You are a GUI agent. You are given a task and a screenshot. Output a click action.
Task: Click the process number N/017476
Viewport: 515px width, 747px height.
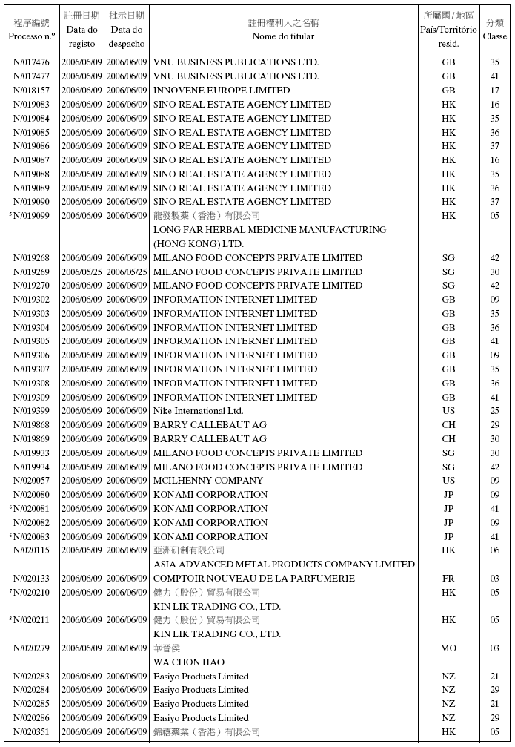coord(31,62)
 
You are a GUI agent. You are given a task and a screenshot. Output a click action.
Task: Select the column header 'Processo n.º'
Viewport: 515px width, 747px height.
coord(31,36)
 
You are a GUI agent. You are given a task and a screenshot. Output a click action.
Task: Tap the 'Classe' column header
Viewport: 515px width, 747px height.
coord(494,36)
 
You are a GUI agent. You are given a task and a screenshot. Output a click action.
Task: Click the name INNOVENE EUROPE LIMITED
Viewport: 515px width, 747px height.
coord(221,91)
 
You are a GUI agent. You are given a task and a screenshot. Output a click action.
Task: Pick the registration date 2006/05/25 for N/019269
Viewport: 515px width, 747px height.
coord(82,272)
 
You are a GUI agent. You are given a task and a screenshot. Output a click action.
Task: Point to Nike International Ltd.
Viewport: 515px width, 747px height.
coord(198,411)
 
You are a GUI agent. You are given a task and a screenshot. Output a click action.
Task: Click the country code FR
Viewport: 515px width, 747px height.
coord(448,579)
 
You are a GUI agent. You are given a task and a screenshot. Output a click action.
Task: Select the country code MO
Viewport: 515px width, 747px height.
coord(448,648)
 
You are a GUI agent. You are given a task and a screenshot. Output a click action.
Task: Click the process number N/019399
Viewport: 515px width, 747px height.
coord(31,411)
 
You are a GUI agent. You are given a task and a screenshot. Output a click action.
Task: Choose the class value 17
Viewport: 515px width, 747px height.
coord(494,91)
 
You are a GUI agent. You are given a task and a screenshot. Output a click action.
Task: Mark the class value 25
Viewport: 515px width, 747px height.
coord(494,411)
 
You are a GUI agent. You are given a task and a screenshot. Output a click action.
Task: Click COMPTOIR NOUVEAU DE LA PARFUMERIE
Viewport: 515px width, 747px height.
coord(253,579)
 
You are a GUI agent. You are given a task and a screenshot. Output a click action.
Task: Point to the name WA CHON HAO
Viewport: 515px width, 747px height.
coord(188,662)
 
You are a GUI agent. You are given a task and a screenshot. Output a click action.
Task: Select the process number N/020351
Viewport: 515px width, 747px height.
coord(31,732)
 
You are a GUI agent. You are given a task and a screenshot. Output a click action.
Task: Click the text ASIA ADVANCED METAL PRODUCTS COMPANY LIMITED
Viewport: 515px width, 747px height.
coord(284,565)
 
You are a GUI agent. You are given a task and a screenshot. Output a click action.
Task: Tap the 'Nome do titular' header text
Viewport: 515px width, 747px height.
coord(283,36)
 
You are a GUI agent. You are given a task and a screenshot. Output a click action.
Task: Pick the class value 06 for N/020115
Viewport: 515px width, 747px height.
coord(494,550)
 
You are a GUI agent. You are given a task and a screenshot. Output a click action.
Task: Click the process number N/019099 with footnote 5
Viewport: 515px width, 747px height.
coord(31,216)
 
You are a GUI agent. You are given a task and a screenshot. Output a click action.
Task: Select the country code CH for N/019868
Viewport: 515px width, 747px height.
coord(448,425)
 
